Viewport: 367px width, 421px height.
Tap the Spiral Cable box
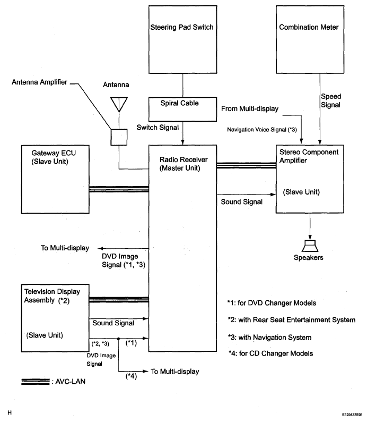click(182, 103)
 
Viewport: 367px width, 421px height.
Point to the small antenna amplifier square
click(119, 137)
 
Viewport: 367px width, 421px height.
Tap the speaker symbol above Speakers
click(310, 246)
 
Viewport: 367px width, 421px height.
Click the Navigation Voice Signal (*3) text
click(262, 129)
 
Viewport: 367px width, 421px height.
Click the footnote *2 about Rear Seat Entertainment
click(291, 319)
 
